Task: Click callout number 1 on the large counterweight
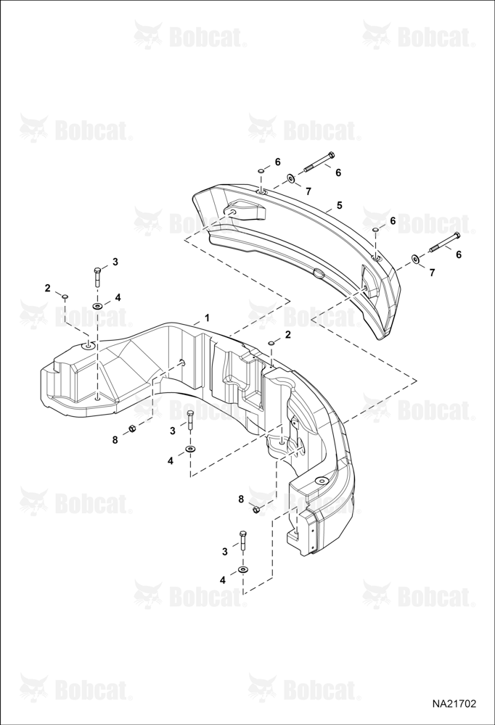[208, 318]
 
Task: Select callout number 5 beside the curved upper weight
[340, 205]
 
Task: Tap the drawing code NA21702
[454, 703]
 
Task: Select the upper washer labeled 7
[291, 178]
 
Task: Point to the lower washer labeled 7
[415, 259]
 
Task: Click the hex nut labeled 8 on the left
[131, 428]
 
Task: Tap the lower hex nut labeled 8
[255, 510]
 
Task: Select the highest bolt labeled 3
[97, 278]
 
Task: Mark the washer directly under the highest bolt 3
[98, 306]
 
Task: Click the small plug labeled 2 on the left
[65, 296]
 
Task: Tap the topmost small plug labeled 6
[261, 172]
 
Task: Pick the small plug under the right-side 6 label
[377, 230]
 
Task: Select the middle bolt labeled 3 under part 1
[190, 420]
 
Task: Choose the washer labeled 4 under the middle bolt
[190, 449]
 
